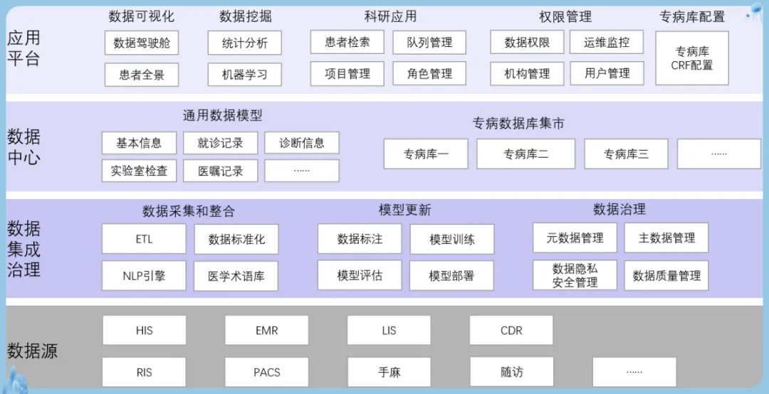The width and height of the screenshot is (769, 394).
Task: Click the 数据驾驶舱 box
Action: (x=142, y=43)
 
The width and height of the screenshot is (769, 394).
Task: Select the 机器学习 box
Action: (x=245, y=75)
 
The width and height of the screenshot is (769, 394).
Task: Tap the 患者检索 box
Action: (x=347, y=42)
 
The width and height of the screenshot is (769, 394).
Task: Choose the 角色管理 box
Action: (x=429, y=73)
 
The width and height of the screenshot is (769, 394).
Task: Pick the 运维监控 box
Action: (x=607, y=43)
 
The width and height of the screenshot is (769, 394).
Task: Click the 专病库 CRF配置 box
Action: (x=691, y=58)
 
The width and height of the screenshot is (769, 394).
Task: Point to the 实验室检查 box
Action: (x=139, y=171)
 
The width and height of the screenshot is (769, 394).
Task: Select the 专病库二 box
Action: (x=525, y=154)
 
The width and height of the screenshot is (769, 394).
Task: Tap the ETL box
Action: (x=144, y=239)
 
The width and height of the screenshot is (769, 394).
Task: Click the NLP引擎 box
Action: (x=144, y=276)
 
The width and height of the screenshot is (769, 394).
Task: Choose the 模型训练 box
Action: (x=451, y=240)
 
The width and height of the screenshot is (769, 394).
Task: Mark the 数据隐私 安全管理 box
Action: (x=575, y=275)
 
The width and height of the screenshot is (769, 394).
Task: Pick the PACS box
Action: (x=267, y=372)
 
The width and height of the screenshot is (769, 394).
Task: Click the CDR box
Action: (x=511, y=331)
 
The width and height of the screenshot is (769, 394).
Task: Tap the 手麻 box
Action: (x=389, y=372)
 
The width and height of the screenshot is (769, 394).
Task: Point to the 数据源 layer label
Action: (x=32, y=351)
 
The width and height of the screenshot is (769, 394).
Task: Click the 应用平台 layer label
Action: (x=23, y=48)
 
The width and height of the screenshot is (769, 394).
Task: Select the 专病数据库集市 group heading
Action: (x=518, y=124)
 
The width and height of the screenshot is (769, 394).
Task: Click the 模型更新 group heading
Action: (x=404, y=211)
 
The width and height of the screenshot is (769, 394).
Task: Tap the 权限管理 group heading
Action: (x=565, y=16)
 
